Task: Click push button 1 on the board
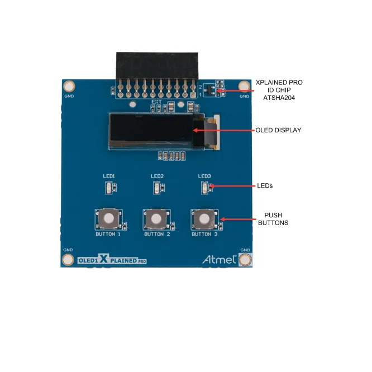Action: coord(109,218)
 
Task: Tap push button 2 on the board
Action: coord(157,218)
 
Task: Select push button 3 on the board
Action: coord(205,218)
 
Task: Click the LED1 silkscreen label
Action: coord(109,177)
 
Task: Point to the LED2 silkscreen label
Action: coord(157,177)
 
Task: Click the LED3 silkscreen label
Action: coord(204,177)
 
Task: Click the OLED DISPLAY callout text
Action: coord(278,130)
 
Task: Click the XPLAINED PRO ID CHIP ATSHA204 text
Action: coord(278,89)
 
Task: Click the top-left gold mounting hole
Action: coord(69,86)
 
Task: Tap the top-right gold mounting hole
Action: coord(244,86)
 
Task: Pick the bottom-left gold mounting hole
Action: coord(68,259)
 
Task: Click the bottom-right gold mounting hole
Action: coord(245,259)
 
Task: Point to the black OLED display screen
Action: coord(151,131)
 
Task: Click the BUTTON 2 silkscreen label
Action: coord(157,235)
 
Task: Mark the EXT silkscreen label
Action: coord(157,102)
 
